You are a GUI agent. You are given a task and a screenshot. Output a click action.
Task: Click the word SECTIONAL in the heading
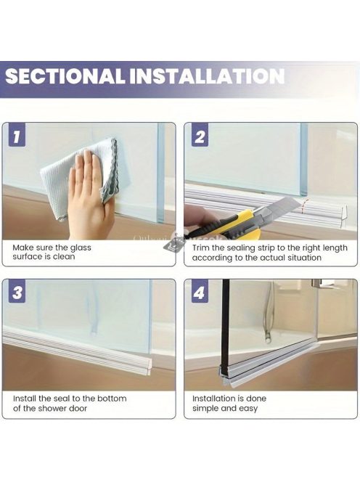pyautogui.click(x=65, y=76)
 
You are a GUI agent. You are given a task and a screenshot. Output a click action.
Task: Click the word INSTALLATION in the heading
pyautogui.click(x=206, y=76)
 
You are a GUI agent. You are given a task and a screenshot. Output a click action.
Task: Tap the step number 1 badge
pyautogui.click(x=17, y=136)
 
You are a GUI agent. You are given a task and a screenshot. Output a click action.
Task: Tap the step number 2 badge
pyautogui.click(x=200, y=136)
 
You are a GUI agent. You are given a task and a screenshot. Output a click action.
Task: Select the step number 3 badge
pyautogui.click(x=17, y=291)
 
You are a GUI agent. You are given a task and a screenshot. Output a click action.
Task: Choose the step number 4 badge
pyautogui.click(x=200, y=291)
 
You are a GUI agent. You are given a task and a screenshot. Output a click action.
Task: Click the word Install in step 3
pyautogui.click(x=25, y=399)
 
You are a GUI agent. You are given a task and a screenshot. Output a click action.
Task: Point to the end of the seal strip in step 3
pyautogui.click(x=150, y=367)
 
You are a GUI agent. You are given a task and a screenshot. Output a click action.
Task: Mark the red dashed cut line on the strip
pyautogui.click(x=304, y=205)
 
